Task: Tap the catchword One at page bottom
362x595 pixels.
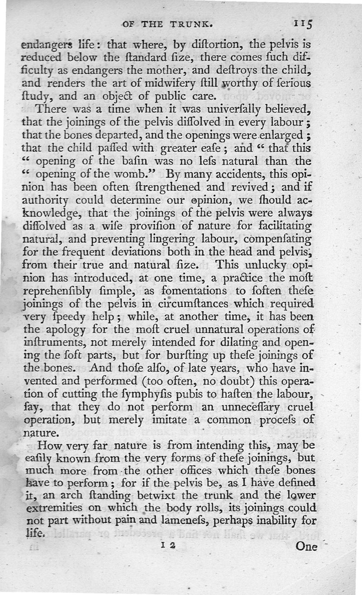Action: pos(306,546)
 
